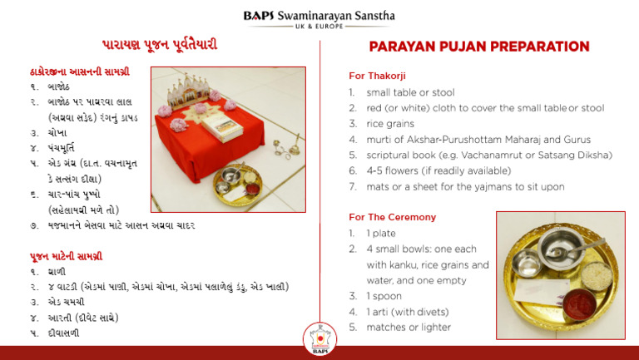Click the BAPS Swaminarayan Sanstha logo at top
pos(319,19)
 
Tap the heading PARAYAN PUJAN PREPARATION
pos(479,47)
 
